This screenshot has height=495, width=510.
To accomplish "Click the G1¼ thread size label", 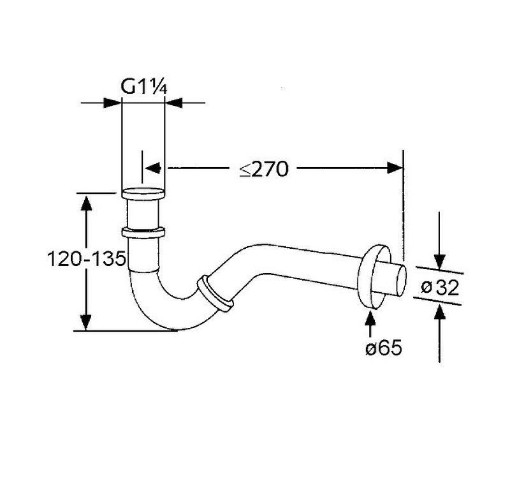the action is click(144, 87).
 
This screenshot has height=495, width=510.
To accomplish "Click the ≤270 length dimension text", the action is click(264, 169).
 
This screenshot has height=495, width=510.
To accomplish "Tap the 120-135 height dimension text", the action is click(86, 259).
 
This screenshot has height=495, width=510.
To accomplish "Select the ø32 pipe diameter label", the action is click(440, 287).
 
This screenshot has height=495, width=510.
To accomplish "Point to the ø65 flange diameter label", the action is click(384, 348).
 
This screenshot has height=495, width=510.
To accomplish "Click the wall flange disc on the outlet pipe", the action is click(374, 277).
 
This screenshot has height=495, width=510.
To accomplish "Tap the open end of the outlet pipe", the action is click(402, 281).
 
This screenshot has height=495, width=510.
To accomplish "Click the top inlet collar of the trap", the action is click(143, 193).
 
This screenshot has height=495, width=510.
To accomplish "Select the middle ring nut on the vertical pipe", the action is click(143, 233).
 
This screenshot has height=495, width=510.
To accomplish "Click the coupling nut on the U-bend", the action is click(215, 295).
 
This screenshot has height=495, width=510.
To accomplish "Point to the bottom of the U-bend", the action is click(172, 329).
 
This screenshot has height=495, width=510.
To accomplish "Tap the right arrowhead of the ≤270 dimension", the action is click(395, 168).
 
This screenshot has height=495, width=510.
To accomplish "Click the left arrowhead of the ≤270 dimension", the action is click(153, 168).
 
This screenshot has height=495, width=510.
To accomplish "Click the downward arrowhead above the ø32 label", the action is click(439, 262).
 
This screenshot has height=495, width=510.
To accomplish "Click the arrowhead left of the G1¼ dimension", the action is click(112, 103).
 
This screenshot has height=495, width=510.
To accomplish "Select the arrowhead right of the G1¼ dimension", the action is click(173, 103).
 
